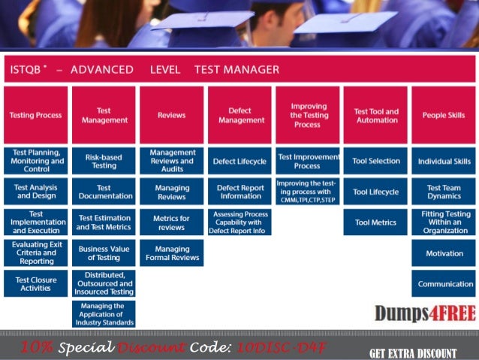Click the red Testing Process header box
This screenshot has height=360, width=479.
click(x=35, y=115)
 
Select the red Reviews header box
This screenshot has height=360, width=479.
click(x=171, y=115)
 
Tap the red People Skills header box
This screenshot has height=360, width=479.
click(x=444, y=115)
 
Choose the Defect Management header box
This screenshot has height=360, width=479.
click(x=239, y=115)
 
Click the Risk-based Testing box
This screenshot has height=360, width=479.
click(x=104, y=161)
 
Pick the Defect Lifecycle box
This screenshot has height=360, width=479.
click(x=239, y=161)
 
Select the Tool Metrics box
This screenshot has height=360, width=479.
click(x=375, y=222)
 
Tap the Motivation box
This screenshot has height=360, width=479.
click(x=444, y=253)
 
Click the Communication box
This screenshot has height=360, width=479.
click(x=444, y=284)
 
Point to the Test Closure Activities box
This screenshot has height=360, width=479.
click(x=35, y=283)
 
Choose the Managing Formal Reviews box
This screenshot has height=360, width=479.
click(x=171, y=253)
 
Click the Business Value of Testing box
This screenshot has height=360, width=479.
click(x=104, y=253)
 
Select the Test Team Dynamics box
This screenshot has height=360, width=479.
click(x=444, y=192)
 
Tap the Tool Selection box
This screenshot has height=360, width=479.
click(x=375, y=161)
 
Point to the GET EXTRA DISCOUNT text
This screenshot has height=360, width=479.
click(x=412, y=352)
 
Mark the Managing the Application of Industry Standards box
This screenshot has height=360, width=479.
click(x=104, y=314)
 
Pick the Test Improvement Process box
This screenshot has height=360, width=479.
click(x=308, y=161)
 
